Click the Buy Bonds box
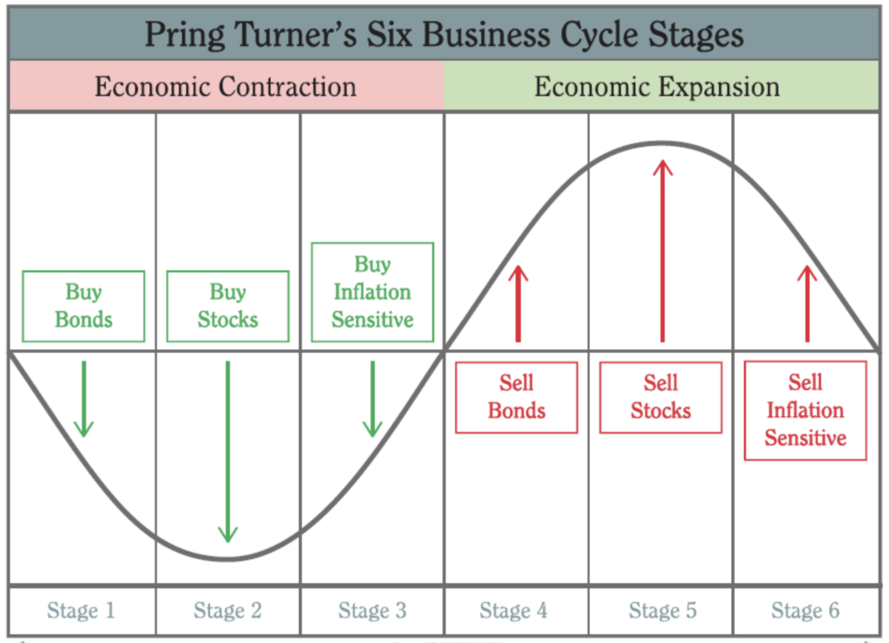tap(83, 306)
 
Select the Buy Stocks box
tap(227, 306)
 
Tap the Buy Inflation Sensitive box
tap(372, 292)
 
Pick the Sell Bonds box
tap(517, 397)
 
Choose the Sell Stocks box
tap(661, 397)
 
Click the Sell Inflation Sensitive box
tap(805, 410)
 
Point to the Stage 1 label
tap(82, 611)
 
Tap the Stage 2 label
tap(227, 611)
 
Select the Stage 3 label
tap(372, 611)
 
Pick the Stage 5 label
tap(661, 611)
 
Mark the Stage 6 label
tap(805, 611)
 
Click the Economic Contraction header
tap(226, 87)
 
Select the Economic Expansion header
tap(657, 87)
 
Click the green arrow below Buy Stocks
tap(227, 452)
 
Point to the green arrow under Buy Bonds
tap(83, 400)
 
